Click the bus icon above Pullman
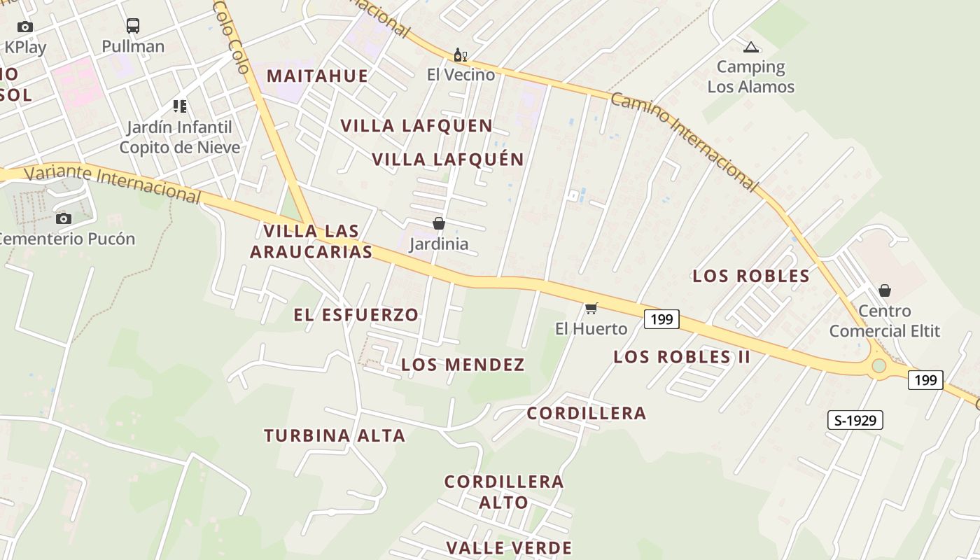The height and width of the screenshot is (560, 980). [x=133, y=26]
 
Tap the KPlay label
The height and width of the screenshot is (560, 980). [x=25, y=48]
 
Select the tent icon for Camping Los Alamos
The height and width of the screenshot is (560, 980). [x=751, y=48]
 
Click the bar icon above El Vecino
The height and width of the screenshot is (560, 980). [x=460, y=55]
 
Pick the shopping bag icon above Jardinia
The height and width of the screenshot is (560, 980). [x=439, y=223]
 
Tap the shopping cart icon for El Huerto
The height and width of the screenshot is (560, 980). [x=591, y=309]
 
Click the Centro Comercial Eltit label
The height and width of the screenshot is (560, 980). [x=885, y=321]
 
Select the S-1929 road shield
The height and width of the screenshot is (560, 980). [x=855, y=420]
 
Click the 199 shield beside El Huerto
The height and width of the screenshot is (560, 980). [x=661, y=320]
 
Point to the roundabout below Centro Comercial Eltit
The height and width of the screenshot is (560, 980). [x=879, y=366]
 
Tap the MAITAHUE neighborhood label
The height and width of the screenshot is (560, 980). [x=317, y=76]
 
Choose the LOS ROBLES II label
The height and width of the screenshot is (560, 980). [x=682, y=357]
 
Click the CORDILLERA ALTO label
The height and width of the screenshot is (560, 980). [x=504, y=491]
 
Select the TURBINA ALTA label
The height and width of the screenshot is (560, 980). [x=335, y=435]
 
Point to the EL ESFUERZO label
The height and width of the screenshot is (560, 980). [x=356, y=315]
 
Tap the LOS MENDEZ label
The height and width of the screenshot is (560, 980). [x=463, y=365]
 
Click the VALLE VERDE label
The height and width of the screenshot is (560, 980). [x=509, y=547]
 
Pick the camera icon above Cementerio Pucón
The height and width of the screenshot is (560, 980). [x=64, y=219]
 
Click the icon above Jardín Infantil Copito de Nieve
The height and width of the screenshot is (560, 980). [x=180, y=106]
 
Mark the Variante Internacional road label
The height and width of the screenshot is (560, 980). [x=112, y=183]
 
